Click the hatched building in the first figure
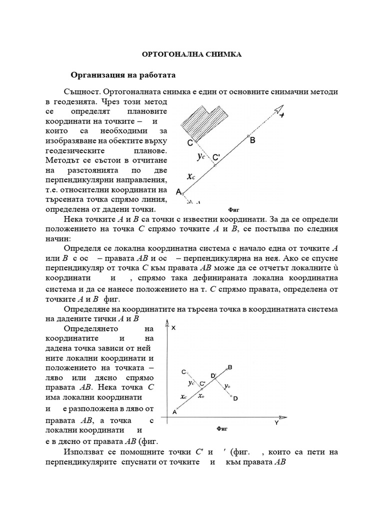[x=202, y=121]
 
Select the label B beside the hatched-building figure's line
[x=253, y=140]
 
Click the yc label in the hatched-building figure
[x=200, y=156]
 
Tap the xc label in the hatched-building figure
[x=190, y=176]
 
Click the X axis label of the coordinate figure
[x=173, y=328]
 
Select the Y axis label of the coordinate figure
[x=276, y=423]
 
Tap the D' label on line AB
[x=213, y=375]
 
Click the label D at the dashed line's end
[x=235, y=398]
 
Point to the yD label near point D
[x=227, y=386]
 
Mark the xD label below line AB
[x=200, y=395]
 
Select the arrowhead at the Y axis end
[x=281, y=417]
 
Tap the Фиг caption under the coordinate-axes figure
[x=222, y=428]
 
